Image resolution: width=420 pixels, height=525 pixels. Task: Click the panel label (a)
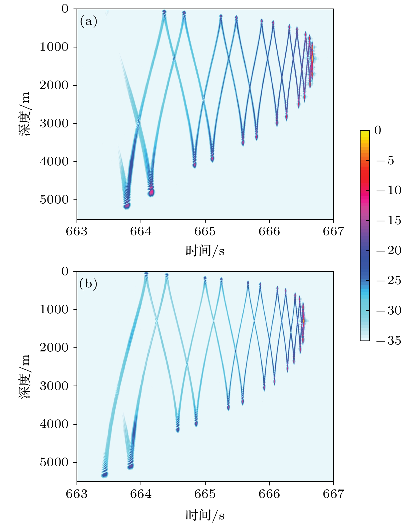click(89, 21)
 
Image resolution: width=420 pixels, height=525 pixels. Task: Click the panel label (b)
click(88, 284)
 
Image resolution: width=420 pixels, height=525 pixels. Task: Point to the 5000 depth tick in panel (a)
click(54, 200)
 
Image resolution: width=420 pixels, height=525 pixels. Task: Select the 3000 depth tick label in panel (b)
click(54, 386)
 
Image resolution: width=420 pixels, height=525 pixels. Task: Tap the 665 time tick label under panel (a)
click(205, 231)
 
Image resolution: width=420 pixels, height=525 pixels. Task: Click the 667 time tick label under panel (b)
click(333, 494)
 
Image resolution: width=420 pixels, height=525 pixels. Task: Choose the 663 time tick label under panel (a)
click(77, 231)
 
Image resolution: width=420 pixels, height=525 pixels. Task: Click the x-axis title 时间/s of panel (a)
click(205, 251)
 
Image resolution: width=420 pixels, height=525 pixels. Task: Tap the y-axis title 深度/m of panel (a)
click(25, 114)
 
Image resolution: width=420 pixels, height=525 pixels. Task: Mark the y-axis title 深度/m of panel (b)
click(25, 376)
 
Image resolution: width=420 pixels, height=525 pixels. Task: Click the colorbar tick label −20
click(389, 251)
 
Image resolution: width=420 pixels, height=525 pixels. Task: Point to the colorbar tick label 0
click(378, 130)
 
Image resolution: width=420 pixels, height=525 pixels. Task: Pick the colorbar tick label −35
click(389, 341)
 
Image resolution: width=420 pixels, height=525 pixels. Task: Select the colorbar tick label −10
click(389, 190)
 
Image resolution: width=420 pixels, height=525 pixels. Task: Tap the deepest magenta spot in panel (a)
click(127, 206)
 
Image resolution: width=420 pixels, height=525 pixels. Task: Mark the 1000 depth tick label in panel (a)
click(54, 47)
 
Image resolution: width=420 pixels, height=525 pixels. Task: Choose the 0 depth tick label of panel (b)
click(65, 271)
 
